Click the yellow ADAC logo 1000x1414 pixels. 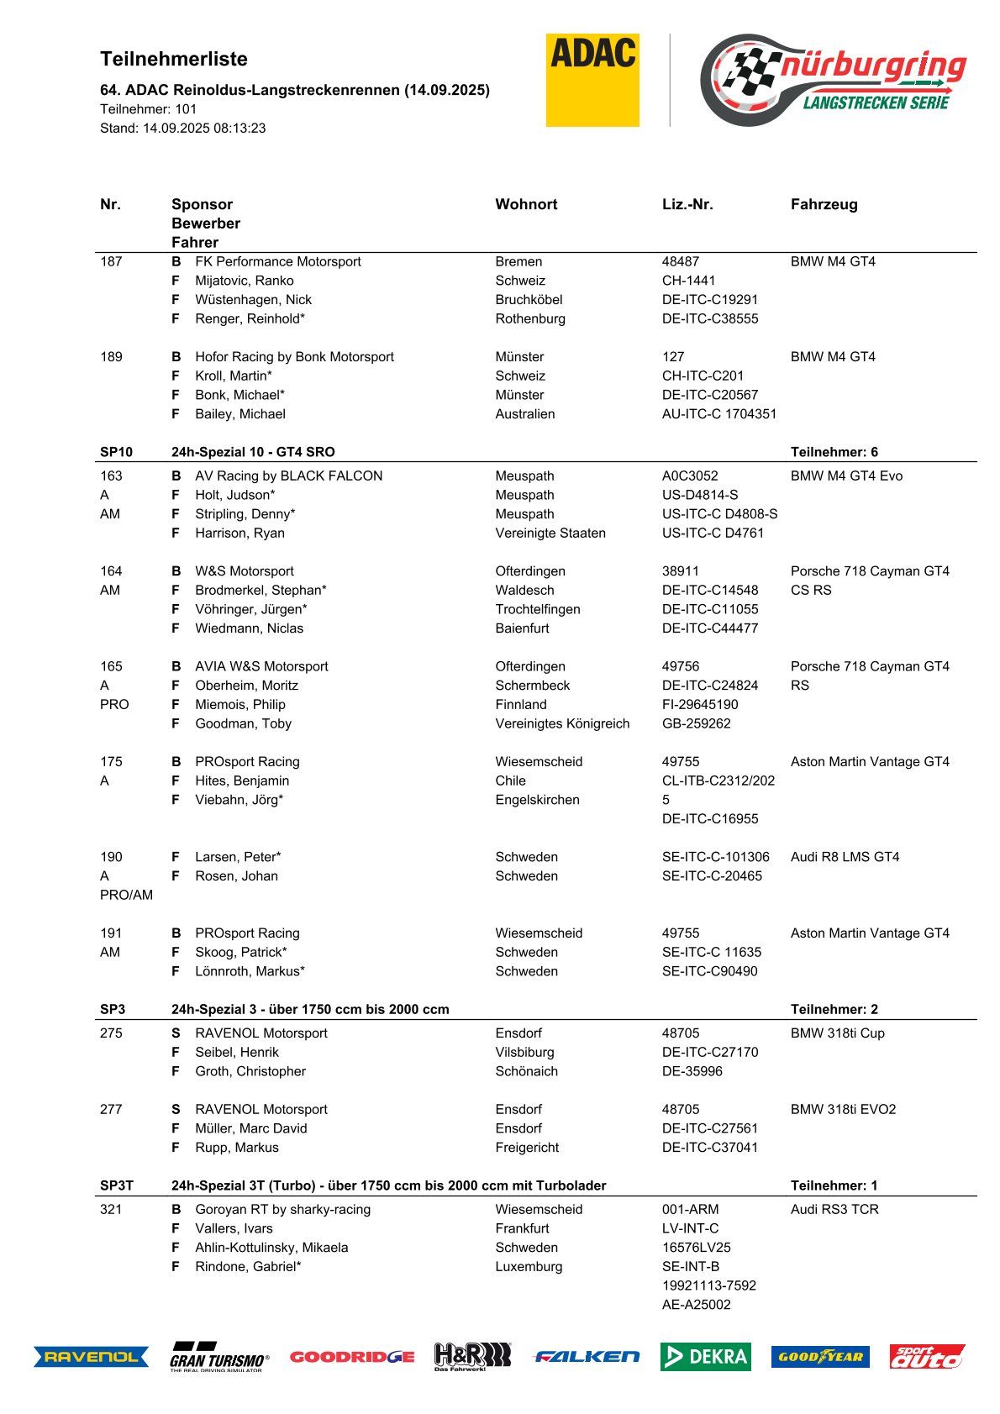592,80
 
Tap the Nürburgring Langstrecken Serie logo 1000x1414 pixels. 832,80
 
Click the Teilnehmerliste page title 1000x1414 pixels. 174,59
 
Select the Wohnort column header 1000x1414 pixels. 526,204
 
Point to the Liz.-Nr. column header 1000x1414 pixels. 687,204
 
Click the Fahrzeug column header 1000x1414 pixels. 824,204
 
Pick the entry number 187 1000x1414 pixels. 111,261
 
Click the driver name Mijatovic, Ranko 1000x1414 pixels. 245,281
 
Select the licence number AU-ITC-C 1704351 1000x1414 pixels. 719,414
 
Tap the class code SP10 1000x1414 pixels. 116,452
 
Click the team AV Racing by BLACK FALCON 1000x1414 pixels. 288,476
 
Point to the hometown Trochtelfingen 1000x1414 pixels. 538,609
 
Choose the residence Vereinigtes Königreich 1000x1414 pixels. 562,723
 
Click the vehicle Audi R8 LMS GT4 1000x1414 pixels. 845,857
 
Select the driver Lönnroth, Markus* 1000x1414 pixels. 250,971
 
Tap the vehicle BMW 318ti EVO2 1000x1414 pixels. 843,1109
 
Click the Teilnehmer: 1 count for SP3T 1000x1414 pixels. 834,1185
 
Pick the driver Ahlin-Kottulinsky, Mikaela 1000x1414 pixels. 271,1248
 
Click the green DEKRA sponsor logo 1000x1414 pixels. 705,1356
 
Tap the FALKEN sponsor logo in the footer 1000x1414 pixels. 587,1356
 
